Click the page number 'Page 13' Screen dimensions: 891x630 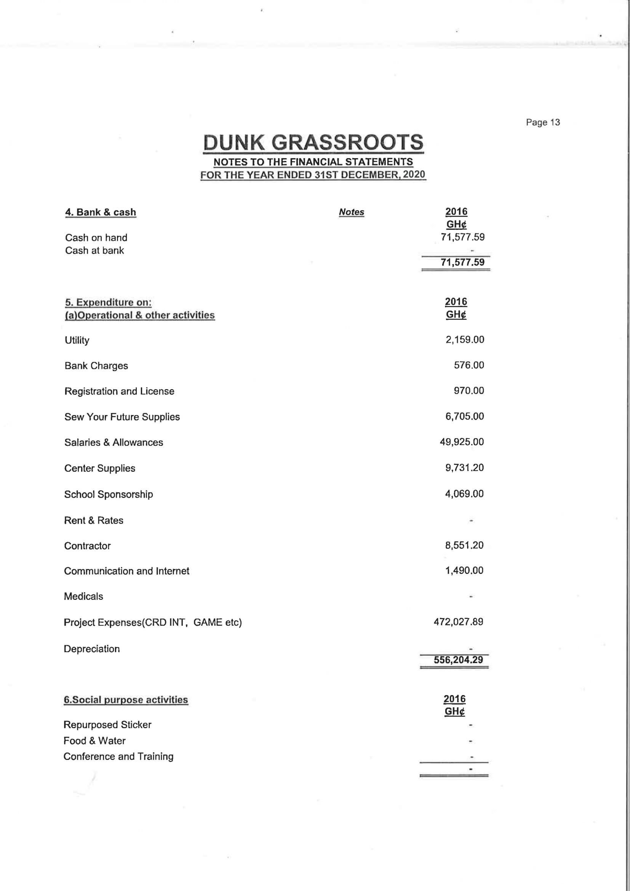click(x=543, y=122)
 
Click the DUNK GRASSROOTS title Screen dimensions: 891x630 click(x=313, y=142)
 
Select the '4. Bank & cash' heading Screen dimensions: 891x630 click(x=101, y=212)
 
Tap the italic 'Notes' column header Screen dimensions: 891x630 click(x=351, y=212)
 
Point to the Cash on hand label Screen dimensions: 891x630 click(x=96, y=237)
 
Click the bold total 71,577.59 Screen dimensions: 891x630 click(x=462, y=262)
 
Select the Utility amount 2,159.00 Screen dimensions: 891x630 click(x=465, y=340)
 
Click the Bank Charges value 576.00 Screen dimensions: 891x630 click(x=469, y=365)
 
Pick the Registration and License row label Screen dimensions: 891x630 click(x=119, y=391)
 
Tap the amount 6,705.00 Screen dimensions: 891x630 click(x=464, y=417)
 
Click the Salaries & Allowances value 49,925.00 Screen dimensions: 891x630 click(x=462, y=442)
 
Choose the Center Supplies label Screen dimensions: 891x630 click(x=100, y=468)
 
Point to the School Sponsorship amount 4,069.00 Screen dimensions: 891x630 click(x=464, y=494)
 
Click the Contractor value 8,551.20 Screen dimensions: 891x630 click(x=464, y=545)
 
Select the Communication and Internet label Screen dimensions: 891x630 click(x=126, y=571)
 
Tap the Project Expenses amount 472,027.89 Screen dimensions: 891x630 click(x=458, y=622)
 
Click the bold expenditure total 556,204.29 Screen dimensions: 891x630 click(x=458, y=660)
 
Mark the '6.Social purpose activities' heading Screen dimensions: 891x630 click(x=126, y=700)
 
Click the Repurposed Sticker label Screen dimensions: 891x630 click(x=107, y=724)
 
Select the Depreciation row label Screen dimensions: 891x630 click(x=91, y=649)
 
